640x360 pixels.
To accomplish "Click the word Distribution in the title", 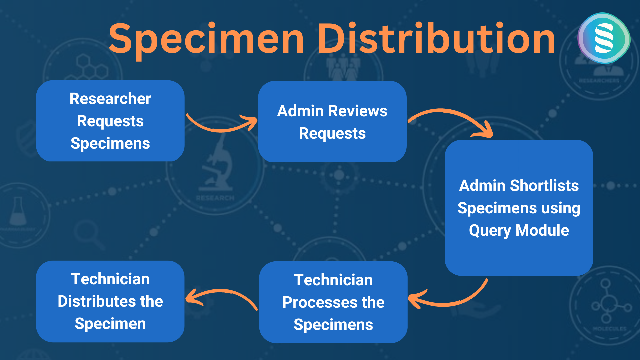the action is point(436,37).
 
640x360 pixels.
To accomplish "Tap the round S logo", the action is point(604,38).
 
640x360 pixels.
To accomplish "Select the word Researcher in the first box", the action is point(110,99).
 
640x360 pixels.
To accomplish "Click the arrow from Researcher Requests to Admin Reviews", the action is point(220,128).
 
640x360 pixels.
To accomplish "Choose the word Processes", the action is point(320,302).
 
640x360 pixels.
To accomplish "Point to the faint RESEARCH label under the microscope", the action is point(215,198).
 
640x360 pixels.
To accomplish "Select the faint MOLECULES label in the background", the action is point(610,329).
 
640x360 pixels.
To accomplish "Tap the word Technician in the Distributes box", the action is point(110,279).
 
